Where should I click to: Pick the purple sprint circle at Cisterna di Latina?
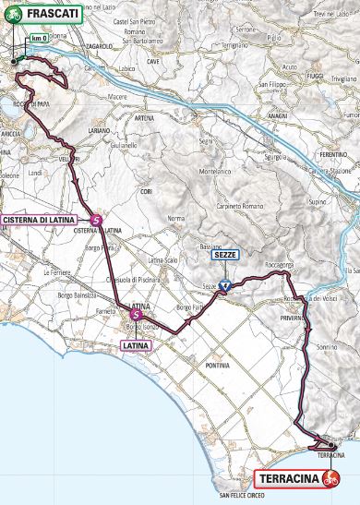pyautogui.click(x=97, y=219)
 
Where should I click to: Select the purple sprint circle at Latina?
pyautogui.click(x=137, y=315)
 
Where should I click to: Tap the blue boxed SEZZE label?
pyautogui.click(x=225, y=258)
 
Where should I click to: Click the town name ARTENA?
pyautogui.click(x=144, y=118)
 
